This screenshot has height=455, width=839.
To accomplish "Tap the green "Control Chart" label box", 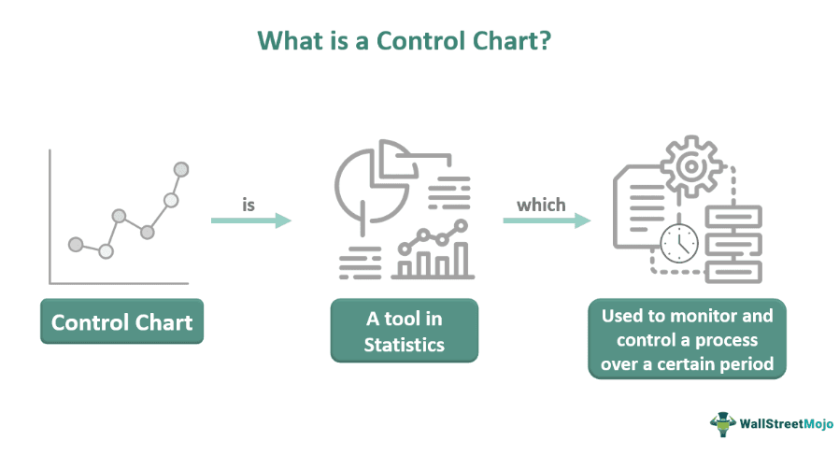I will pos(121,323).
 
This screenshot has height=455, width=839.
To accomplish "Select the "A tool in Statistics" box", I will pos(404,332).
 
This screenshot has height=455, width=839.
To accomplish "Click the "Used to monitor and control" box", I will pos(687,339).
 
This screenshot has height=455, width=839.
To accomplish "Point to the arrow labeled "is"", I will pos(250,220).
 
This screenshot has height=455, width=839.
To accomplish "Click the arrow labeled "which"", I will pos(546,220).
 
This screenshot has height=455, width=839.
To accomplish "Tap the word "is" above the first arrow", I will pos(249,205).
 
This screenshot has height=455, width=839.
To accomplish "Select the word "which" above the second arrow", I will pos(541,205).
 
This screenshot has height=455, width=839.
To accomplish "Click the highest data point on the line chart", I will pos(181,169).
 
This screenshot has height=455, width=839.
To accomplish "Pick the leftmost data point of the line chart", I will pos(76,244).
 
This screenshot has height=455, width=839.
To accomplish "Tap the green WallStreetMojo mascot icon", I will pos(722,423).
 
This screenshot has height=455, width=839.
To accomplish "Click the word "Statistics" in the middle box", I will pos(404,345).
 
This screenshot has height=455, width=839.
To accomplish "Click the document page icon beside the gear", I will pos(639,206).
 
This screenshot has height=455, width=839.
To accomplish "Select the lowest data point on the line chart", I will pos(106,250).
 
